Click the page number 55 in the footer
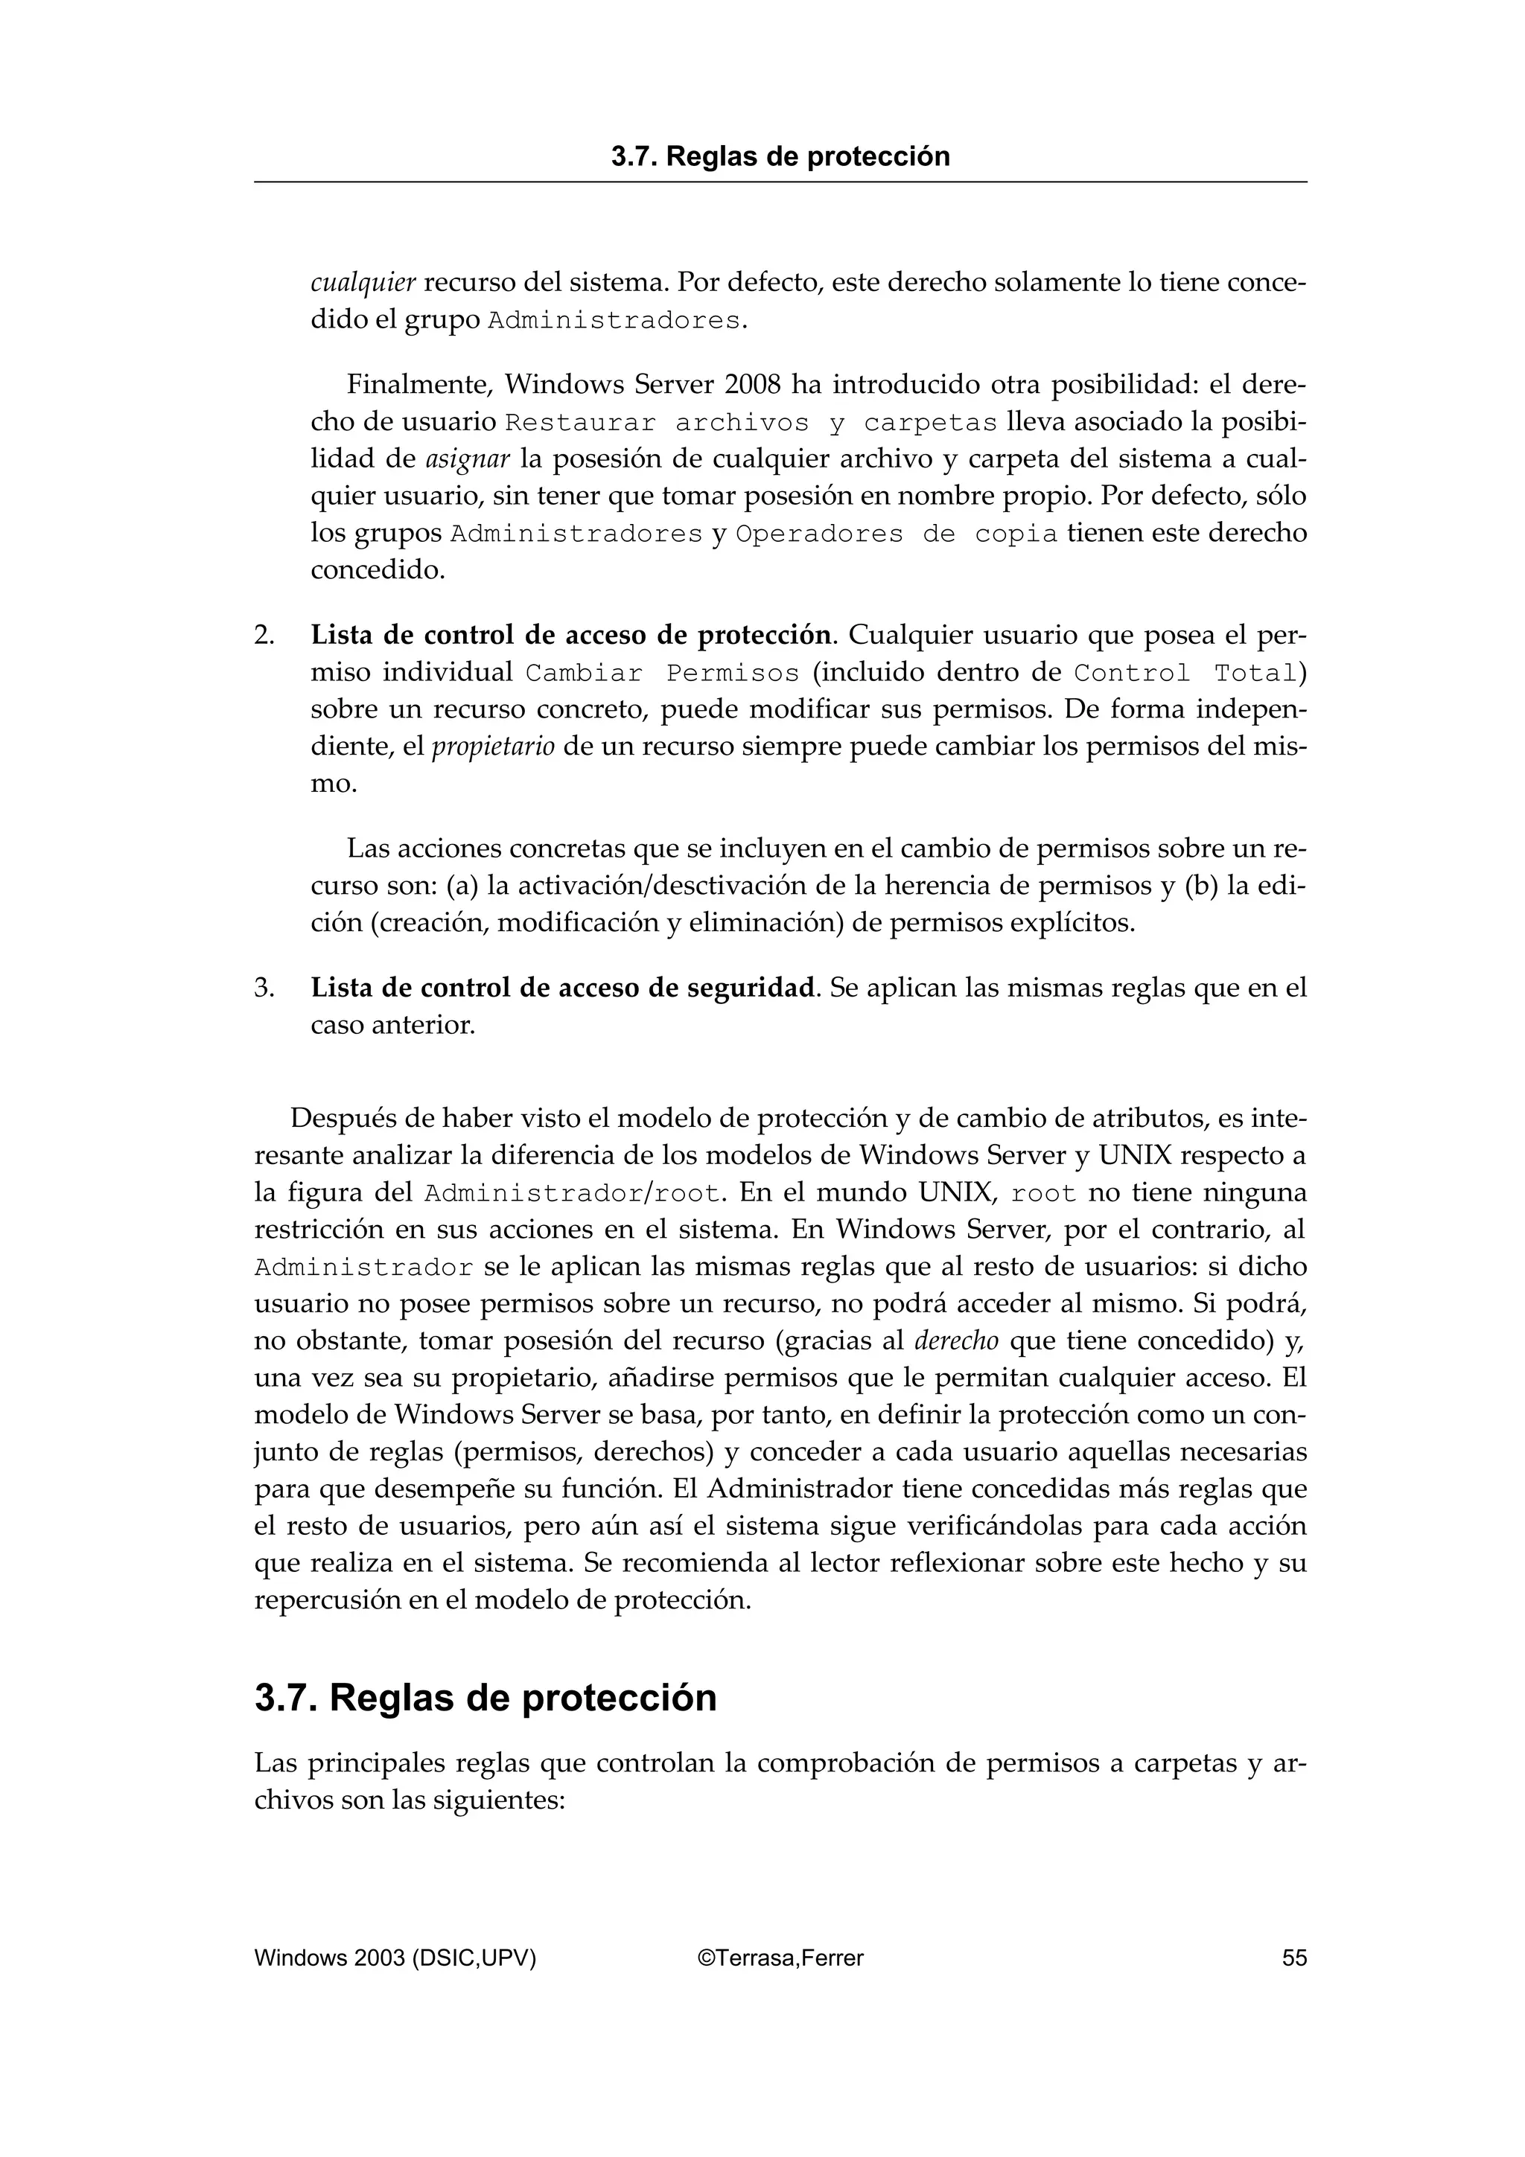click(1294, 1958)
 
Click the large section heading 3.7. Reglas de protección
click(485, 1698)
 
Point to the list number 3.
click(264, 988)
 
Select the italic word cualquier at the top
click(363, 283)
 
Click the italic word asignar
click(468, 459)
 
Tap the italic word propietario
click(492, 747)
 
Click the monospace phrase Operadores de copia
click(897, 534)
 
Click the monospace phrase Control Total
click(1185, 674)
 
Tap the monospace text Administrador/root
click(573, 1194)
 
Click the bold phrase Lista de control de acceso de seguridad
click(563, 988)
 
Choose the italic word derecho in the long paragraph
click(943, 1340)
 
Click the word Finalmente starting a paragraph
click(420, 386)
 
